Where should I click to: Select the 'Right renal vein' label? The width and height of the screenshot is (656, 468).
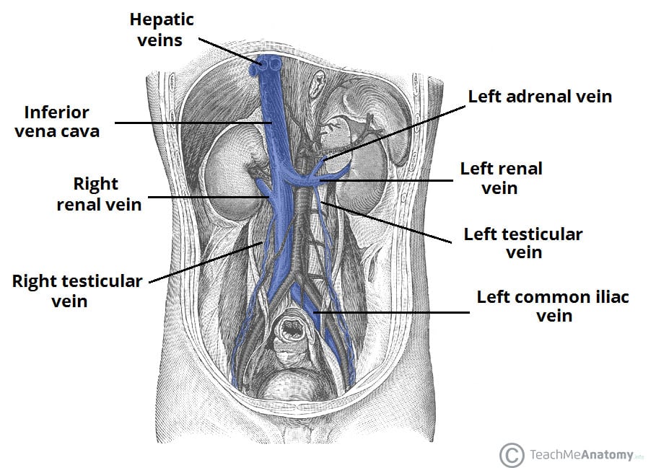coord(98,194)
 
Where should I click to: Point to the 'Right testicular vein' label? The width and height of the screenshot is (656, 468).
coord(77,291)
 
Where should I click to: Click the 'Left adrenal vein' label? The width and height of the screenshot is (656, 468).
coord(540,96)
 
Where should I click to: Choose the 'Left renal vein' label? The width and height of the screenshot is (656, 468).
coord(501,178)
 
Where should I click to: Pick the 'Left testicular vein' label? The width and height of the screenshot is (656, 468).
coord(522,243)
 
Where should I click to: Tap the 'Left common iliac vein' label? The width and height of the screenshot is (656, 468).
coord(552,306)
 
